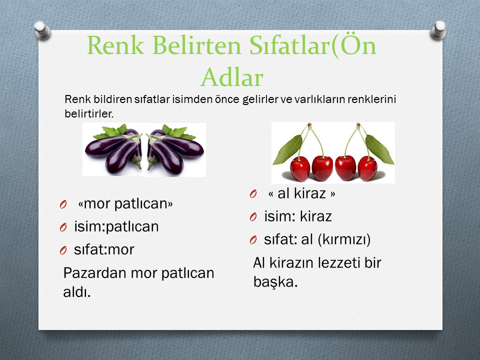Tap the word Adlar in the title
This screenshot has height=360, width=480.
(232, 77)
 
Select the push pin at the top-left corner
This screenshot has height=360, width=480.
(42, 30)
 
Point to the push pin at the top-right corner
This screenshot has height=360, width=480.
(438, 30)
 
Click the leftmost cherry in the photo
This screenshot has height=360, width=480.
(300, 168)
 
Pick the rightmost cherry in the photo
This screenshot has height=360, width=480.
(367, 168)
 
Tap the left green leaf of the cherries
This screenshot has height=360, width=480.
(287, 150)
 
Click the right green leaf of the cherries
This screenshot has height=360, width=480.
(379, 149)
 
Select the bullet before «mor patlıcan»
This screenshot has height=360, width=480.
(63, 204)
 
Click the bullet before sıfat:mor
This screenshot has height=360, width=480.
(63, 250)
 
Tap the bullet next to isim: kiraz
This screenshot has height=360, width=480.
(253, 216)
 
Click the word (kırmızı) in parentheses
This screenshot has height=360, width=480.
(344, 239)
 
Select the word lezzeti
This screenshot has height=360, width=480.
(339, 263)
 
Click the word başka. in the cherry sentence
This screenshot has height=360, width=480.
(275, 281)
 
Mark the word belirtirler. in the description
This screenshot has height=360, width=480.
(89, 113)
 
